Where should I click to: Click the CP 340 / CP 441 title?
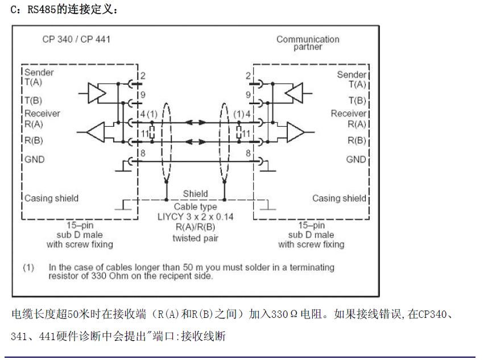[76, 39]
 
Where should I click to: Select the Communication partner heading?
[308, 43]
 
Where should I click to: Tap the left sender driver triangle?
[97, 93]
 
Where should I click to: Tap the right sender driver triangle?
[294, 93]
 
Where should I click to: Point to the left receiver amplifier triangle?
[96, 132]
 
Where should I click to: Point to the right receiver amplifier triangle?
[296, 132]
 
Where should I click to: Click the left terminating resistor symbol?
[152, 133]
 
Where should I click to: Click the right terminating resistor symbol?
[239, 133]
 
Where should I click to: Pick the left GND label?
[35, 160]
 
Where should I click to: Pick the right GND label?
[356, 160]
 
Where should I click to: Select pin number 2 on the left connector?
[143, 76]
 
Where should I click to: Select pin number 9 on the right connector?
[248, 94]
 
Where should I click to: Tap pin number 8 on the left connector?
[143, 153]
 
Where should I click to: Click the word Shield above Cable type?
[196, 193]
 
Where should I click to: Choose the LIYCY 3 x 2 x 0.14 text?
[196, 217]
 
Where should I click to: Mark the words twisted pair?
[196, 238]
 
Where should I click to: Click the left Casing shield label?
[51, 198]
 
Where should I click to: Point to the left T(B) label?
[34, 101]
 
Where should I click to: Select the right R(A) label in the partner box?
[357, 124]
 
